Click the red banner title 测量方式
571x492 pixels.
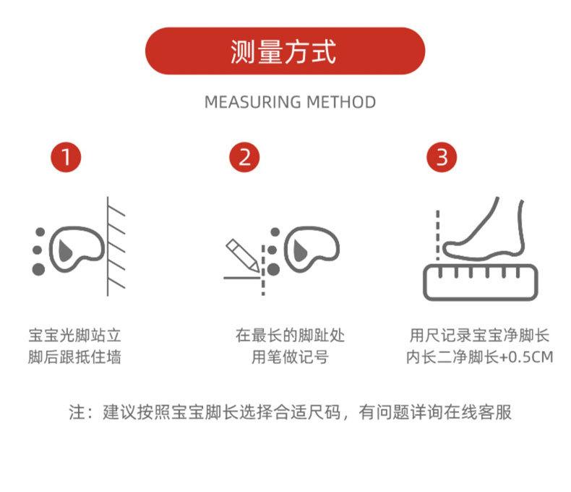point(283,52)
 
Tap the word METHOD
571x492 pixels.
point(341,102)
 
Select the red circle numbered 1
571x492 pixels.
point(66,157)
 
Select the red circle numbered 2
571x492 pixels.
point(244,157)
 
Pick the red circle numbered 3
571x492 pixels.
point(442,157)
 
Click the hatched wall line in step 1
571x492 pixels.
point(108,247)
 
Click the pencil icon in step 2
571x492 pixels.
point(242,255)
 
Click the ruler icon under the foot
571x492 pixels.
point(481,283)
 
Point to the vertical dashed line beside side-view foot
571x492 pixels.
point(438,235)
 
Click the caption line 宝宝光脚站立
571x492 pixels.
point(74,335)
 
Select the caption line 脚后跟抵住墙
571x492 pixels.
point(74,357)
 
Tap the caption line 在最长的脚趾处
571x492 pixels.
point(290,335)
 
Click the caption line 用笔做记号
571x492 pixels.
point(290,357)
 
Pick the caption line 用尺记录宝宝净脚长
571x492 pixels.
point(480,335)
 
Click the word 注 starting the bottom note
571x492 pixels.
point(77,412)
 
